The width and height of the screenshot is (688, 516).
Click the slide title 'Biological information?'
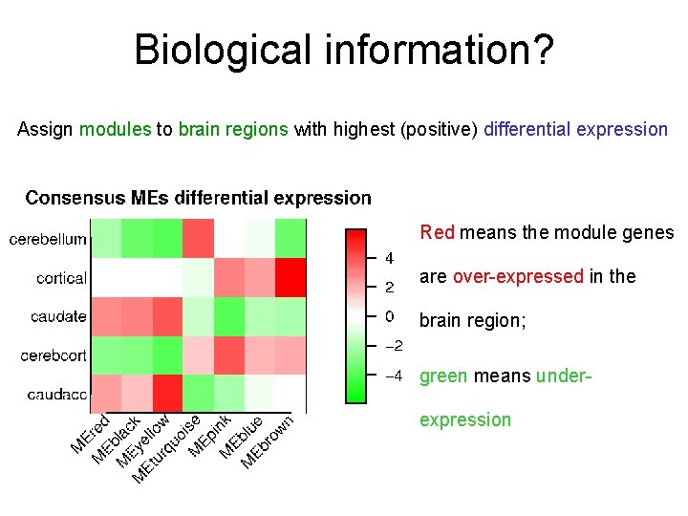343,50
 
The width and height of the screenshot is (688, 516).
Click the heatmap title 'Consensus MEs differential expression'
198,199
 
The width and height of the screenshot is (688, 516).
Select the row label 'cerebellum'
48,240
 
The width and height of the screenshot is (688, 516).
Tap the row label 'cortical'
61,279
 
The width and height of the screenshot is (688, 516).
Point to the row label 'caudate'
58,317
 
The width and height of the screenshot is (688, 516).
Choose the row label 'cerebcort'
54,355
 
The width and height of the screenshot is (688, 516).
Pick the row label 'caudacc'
56,394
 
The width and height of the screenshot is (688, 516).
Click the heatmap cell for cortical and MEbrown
290,278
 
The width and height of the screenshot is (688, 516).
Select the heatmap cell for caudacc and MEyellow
167,394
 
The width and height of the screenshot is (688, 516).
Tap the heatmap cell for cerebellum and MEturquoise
198,239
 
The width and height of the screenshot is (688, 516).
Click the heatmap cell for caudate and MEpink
228,316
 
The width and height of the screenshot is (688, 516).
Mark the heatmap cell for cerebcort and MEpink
228,355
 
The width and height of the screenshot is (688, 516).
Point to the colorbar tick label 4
390,259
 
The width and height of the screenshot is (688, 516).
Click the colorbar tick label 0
390,316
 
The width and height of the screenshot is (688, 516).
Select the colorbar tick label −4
393,376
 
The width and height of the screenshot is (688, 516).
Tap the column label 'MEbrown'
267,441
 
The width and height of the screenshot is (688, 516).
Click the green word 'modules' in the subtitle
115,129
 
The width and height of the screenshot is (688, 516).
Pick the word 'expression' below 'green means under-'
465,419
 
